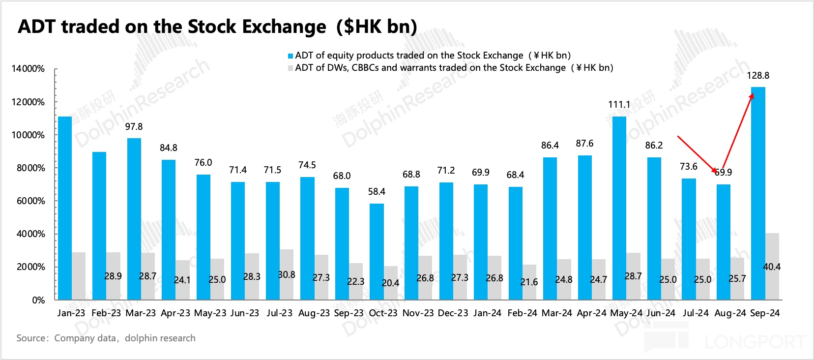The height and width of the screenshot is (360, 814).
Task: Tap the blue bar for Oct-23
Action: click(377, 251)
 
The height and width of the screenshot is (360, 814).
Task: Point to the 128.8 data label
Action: click(758, 76)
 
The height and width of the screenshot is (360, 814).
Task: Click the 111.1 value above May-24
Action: click(619, 105)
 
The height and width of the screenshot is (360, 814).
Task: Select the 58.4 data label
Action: click(377, 192)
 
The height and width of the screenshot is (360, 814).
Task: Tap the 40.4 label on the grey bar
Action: click(772, 267)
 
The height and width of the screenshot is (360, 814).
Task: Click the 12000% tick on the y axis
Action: click(28, 102)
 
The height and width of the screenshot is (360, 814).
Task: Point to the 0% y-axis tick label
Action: click(38, 300)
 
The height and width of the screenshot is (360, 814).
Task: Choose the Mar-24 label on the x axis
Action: click(557, 313)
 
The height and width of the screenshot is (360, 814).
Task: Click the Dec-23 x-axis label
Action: click(453, 313)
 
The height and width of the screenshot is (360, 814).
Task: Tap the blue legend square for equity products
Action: click(291, 56)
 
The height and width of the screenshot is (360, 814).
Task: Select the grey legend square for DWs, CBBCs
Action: click(291, 68)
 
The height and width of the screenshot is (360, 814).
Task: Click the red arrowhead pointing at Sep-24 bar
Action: click(751, 96)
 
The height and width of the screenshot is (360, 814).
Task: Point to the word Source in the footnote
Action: click(31, 338)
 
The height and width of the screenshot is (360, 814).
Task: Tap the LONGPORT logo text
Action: click(755, 341)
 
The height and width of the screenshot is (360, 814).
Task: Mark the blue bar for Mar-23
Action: click(134, 219)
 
